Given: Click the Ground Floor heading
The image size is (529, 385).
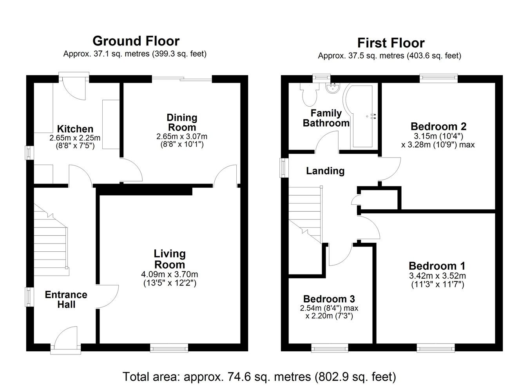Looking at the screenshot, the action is tap(136, 41).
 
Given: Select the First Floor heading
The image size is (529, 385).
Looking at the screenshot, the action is tap(391, 43).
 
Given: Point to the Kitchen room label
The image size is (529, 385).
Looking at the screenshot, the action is tap(75, 129).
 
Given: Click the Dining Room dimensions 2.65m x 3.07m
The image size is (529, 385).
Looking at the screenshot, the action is tap(182, 136).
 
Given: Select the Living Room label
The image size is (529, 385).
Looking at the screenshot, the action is tap(170, 259).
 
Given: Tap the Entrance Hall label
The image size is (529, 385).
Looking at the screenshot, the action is tap(66, 299).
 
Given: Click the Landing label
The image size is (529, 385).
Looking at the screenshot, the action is tap(325, 171).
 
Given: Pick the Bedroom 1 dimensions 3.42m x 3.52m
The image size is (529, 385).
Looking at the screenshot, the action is tap(437, 276).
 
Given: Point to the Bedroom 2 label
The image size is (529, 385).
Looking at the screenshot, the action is tap(438, 127).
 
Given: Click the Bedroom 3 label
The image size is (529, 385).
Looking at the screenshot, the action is tap(329, 299).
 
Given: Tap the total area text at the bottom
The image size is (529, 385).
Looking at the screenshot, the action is tap(259, 376).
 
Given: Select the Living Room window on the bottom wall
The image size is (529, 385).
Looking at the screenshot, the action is tap(169, 348).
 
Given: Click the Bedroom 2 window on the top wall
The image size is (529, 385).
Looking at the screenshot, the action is tap(438, 78).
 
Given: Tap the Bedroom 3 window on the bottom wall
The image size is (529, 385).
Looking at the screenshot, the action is tap(330, 348).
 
